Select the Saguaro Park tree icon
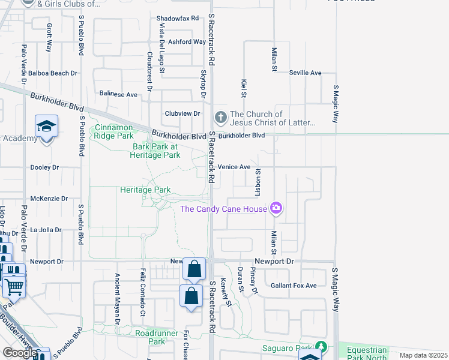(322, 347)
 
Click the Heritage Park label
(145, 190)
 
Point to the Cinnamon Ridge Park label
(113, 131)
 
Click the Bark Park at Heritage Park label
(156, 151)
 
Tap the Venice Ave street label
(234, 167)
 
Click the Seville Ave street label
(305, 73)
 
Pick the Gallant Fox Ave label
(294, 286)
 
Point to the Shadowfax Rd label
(177, 19)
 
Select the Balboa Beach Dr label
(53, 73)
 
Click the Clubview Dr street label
(182, 113)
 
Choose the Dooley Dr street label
(44, 167)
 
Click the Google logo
(20, 353)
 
